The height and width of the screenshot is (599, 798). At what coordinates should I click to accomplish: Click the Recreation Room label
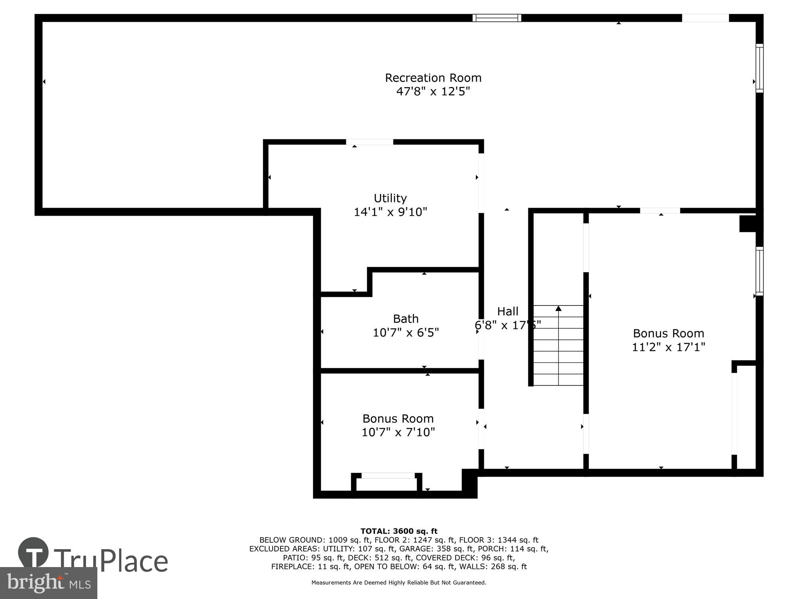(433, 77)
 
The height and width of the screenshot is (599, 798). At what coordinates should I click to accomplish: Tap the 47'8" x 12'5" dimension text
(433, 91)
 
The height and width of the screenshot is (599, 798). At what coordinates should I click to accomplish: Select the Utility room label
(390, 198)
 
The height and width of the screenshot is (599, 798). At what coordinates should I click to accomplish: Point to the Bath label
(406, 319)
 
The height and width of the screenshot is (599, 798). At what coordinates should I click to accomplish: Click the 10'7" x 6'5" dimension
(406, 332)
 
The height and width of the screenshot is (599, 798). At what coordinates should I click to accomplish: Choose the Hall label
(508, 311)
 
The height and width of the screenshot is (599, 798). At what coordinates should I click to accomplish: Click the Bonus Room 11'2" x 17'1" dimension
(668, 347)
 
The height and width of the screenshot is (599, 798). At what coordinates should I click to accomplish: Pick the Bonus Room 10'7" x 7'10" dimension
(398, 432)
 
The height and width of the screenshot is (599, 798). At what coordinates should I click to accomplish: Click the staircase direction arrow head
(559, 308)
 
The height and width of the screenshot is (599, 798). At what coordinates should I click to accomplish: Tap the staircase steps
(559, 351)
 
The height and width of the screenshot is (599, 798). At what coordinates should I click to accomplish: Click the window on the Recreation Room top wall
(497, 18)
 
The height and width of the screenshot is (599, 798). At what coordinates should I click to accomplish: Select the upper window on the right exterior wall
(760, 68)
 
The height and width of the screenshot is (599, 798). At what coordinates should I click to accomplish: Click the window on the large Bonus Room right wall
(760, 271)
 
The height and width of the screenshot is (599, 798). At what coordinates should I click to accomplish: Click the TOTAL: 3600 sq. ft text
(399, 531)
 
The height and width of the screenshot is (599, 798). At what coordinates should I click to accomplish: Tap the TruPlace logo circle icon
(34, 553)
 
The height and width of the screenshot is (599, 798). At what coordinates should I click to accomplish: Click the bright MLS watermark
(48, 583)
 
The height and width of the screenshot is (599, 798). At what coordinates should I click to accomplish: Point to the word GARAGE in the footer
(415, 549)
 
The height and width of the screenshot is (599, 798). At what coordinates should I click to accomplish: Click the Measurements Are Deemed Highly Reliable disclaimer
(399, 583)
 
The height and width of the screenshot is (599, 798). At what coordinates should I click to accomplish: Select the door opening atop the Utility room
(369, 142)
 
